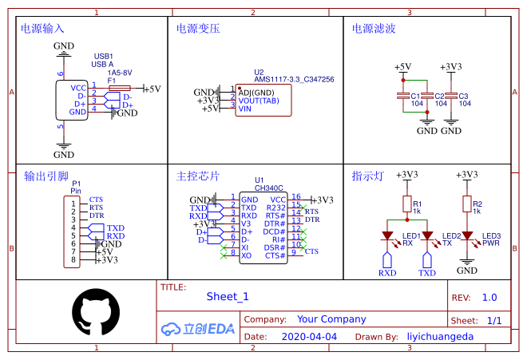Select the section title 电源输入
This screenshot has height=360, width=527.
pos(42,28)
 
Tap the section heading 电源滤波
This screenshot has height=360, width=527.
pos(374,28)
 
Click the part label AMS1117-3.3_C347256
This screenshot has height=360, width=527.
pos(294,80)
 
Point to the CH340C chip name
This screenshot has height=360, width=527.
pos(269,188)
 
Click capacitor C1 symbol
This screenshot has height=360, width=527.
pos(404,97)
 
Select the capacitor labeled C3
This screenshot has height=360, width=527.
pos(451,97)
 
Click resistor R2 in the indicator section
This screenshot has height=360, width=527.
pos(466,205)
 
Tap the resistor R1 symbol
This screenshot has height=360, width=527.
pos(406,205)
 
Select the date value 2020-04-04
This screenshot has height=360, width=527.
pos(309,337)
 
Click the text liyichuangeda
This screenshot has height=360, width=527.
pos(440,337)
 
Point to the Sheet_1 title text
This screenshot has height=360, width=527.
pos(228,296)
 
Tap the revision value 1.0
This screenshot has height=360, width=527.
pos(489,297)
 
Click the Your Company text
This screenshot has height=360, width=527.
pos(331,318)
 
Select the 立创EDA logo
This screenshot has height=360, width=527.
pos(198,328)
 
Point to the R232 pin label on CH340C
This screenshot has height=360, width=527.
pos(275,207)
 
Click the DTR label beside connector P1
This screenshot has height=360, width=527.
pos(97,216)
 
